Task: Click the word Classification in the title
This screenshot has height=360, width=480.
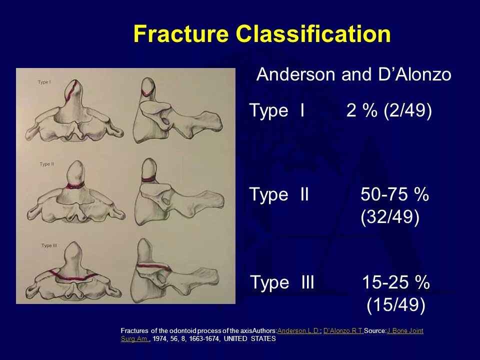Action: [313, 34]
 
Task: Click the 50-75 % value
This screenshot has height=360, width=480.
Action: [394, 194]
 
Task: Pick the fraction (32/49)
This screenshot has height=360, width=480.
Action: [389, 217]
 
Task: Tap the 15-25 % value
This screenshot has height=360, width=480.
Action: [395, 282]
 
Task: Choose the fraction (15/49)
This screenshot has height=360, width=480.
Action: [395, 305]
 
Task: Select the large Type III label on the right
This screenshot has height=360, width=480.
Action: [282, 282]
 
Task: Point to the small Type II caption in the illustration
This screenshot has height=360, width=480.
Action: [46, 163]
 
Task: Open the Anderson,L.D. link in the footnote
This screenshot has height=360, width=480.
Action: [298, 331]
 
